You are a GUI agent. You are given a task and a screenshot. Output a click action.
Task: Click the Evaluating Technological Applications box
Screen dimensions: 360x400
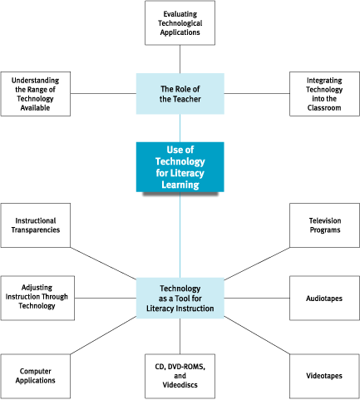[180, 23]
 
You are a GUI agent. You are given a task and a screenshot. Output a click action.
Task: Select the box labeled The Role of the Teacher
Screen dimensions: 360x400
[180, 94]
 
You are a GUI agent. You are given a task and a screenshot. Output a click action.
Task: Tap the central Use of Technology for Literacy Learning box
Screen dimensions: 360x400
[180, 167]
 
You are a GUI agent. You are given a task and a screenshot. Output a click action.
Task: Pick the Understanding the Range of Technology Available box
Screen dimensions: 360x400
[36, 94]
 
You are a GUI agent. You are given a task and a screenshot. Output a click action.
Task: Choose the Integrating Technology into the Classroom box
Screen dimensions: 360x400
[324, 94]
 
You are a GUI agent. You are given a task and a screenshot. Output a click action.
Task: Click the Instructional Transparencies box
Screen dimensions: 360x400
[36, 225]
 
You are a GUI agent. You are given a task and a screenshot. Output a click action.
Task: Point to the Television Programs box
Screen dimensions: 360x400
[324, 225]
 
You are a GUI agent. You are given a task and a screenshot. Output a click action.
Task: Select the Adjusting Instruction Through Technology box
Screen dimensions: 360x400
[37, 298]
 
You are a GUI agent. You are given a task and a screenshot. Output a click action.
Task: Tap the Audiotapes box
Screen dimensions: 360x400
[324, 298]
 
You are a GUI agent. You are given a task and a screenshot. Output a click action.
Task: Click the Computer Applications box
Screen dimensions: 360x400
[36, 376]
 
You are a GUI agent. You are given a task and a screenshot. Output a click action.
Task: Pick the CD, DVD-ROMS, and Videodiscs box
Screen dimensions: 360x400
[180, 376]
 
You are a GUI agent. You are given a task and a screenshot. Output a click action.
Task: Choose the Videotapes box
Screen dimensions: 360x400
[324, 376]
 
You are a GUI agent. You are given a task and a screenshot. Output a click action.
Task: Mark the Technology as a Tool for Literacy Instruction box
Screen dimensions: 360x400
[180, 298]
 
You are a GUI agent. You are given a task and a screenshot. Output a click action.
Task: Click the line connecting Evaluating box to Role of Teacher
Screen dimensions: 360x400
[180, 59]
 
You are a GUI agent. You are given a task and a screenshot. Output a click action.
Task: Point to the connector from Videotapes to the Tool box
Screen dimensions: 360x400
[257, 335]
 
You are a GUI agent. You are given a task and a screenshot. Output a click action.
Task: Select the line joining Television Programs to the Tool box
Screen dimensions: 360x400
[257, 264]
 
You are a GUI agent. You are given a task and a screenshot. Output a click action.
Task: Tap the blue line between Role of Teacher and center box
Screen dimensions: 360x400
[180, 128]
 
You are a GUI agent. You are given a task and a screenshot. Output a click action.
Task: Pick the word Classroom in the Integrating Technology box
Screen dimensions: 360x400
[324, 107]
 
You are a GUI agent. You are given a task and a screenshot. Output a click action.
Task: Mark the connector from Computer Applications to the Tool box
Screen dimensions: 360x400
[103, 335]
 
